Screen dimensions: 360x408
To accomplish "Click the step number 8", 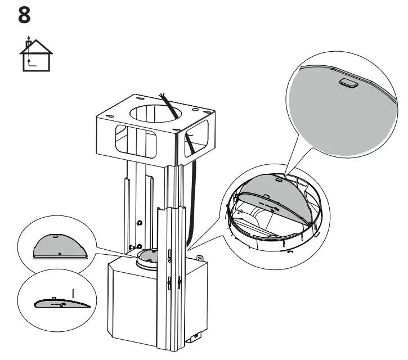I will click(25, 15).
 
